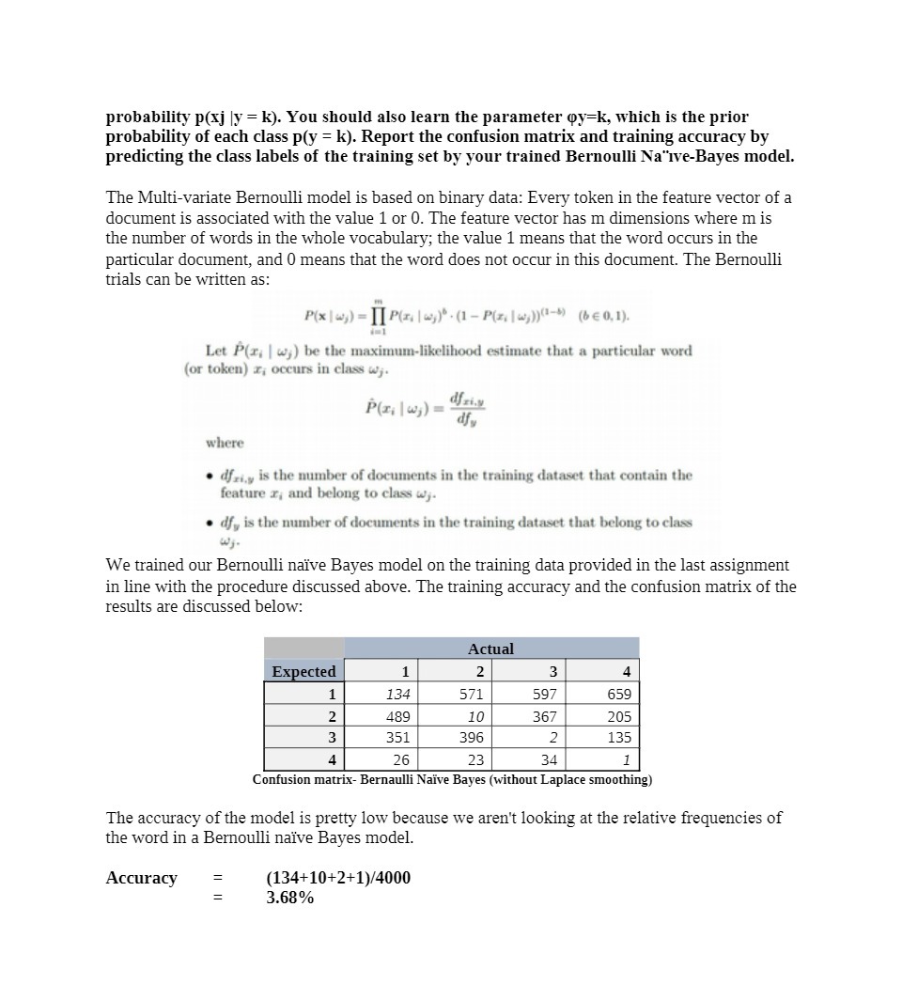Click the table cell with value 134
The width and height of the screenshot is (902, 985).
pos(397,694)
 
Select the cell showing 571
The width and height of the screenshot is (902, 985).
pos(471,694)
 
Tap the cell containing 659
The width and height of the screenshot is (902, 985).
pos(619,694)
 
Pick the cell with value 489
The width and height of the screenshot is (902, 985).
pos(397,716)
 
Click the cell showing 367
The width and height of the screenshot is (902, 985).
pos(544,716)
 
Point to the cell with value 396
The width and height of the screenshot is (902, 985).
pos(471,738)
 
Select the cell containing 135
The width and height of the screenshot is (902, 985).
pos(619,738)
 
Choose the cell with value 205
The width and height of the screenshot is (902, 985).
pos(619,716)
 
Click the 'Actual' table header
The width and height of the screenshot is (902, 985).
pos(490,649)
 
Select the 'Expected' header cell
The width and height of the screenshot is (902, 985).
pos(303,671)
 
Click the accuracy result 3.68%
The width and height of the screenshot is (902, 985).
pos(290,898)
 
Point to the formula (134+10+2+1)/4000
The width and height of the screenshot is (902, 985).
pos(338,878)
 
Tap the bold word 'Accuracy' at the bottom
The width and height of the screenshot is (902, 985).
pos(141,878)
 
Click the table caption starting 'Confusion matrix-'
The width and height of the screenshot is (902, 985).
pos(452,779)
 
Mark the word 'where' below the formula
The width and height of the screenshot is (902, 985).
pos(225,443)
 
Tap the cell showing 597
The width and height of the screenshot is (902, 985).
pos(544,694)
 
